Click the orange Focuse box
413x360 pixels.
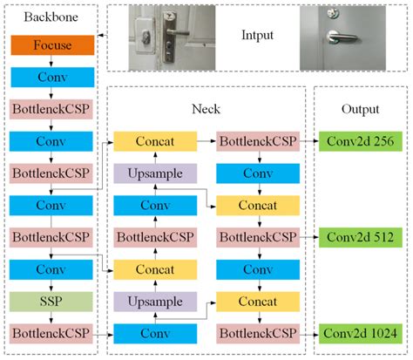pos(51,45)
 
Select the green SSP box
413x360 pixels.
pos(51,301)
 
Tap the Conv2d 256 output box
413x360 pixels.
pos(355,141)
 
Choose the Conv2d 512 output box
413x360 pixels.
pos(355,237)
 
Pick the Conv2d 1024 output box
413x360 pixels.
pos(355,333)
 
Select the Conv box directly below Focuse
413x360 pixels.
pos(51,77)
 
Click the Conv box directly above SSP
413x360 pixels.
pos(51,268)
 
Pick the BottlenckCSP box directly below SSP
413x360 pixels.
pos(51,333)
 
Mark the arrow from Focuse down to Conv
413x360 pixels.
pos(51,61)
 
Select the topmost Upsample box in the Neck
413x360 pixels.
pos(155,173)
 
